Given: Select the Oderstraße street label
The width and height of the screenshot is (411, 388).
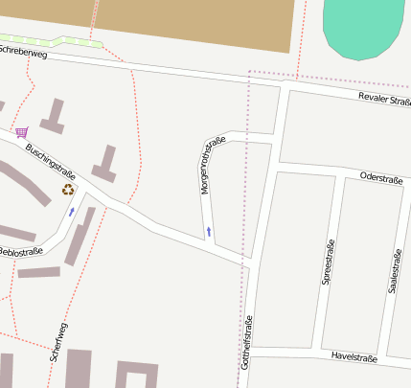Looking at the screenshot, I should (x=379, y=178).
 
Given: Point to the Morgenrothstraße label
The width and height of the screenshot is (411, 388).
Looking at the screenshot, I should (x=212, y=166).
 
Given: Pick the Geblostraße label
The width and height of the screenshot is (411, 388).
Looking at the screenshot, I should (x=20, y=252).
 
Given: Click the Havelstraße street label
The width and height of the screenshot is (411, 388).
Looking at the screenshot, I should (x=354, y=357).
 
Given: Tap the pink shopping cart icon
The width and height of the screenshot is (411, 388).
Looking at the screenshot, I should (x=21, y=132).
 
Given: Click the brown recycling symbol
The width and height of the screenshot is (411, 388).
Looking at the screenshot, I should (x=68, y=190).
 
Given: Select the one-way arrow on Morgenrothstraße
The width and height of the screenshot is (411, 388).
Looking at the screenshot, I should (x=209, y=232).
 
